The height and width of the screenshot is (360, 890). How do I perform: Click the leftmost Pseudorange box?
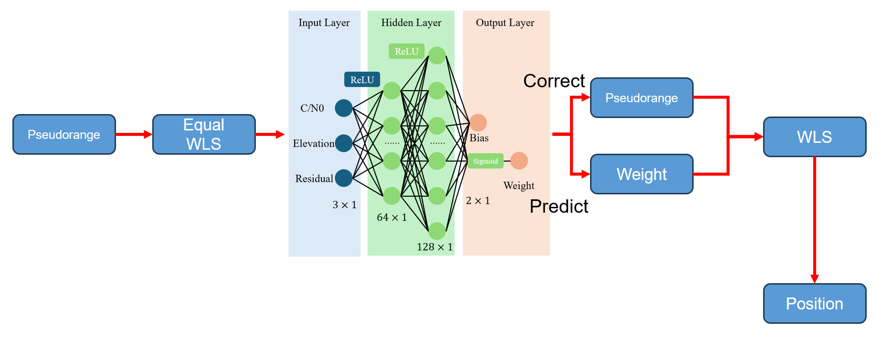click(64, 134)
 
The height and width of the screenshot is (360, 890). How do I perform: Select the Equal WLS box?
click(204, 134)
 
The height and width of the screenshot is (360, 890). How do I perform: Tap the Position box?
click(814, 303)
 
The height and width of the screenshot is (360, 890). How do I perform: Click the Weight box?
click(641, 174)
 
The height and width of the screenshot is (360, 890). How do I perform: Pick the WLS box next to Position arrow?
click(814, 137)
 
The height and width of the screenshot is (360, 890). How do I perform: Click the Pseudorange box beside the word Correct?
click(641, 98)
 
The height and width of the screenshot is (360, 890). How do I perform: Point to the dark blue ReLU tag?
click(362, 80)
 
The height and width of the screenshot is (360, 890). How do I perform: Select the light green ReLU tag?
click(406, 51)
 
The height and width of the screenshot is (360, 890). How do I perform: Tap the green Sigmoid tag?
click(485, 161)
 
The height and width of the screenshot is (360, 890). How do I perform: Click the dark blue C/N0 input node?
click(344, 108)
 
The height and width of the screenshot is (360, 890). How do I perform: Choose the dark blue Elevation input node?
click(344, 143)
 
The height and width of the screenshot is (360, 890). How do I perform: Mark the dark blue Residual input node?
click(344, 178)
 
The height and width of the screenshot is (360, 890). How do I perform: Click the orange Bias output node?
click(478, 122)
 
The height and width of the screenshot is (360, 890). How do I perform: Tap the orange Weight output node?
click(519, 161)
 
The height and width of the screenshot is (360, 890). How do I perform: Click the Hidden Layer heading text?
click(411, 23)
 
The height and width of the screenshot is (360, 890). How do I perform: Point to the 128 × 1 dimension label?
click(434, 247)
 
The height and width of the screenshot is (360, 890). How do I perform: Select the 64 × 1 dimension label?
click(392, 217)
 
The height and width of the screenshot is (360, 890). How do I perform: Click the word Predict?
click(559, 206)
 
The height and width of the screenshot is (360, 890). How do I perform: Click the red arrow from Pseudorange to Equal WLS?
click(133, 134)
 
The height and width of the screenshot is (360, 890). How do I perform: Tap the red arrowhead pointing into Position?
click(814, 279)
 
